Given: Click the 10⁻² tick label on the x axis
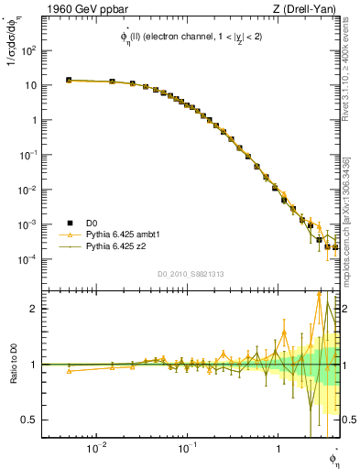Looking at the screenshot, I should tap(95, 449).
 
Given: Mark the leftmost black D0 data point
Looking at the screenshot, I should tap(69, 81).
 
